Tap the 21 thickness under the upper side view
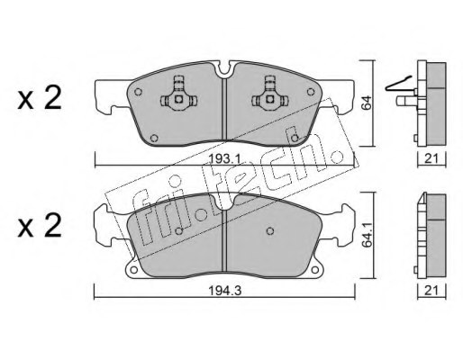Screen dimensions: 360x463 tap(431, 158)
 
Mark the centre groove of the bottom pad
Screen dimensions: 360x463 tap(223, 239)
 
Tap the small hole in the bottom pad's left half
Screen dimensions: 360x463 tap(179, 230)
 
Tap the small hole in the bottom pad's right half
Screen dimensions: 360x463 tap(269, 230)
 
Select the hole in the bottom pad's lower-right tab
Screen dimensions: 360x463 tap(316, 266)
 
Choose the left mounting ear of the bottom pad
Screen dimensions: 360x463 tap(106, 220)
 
